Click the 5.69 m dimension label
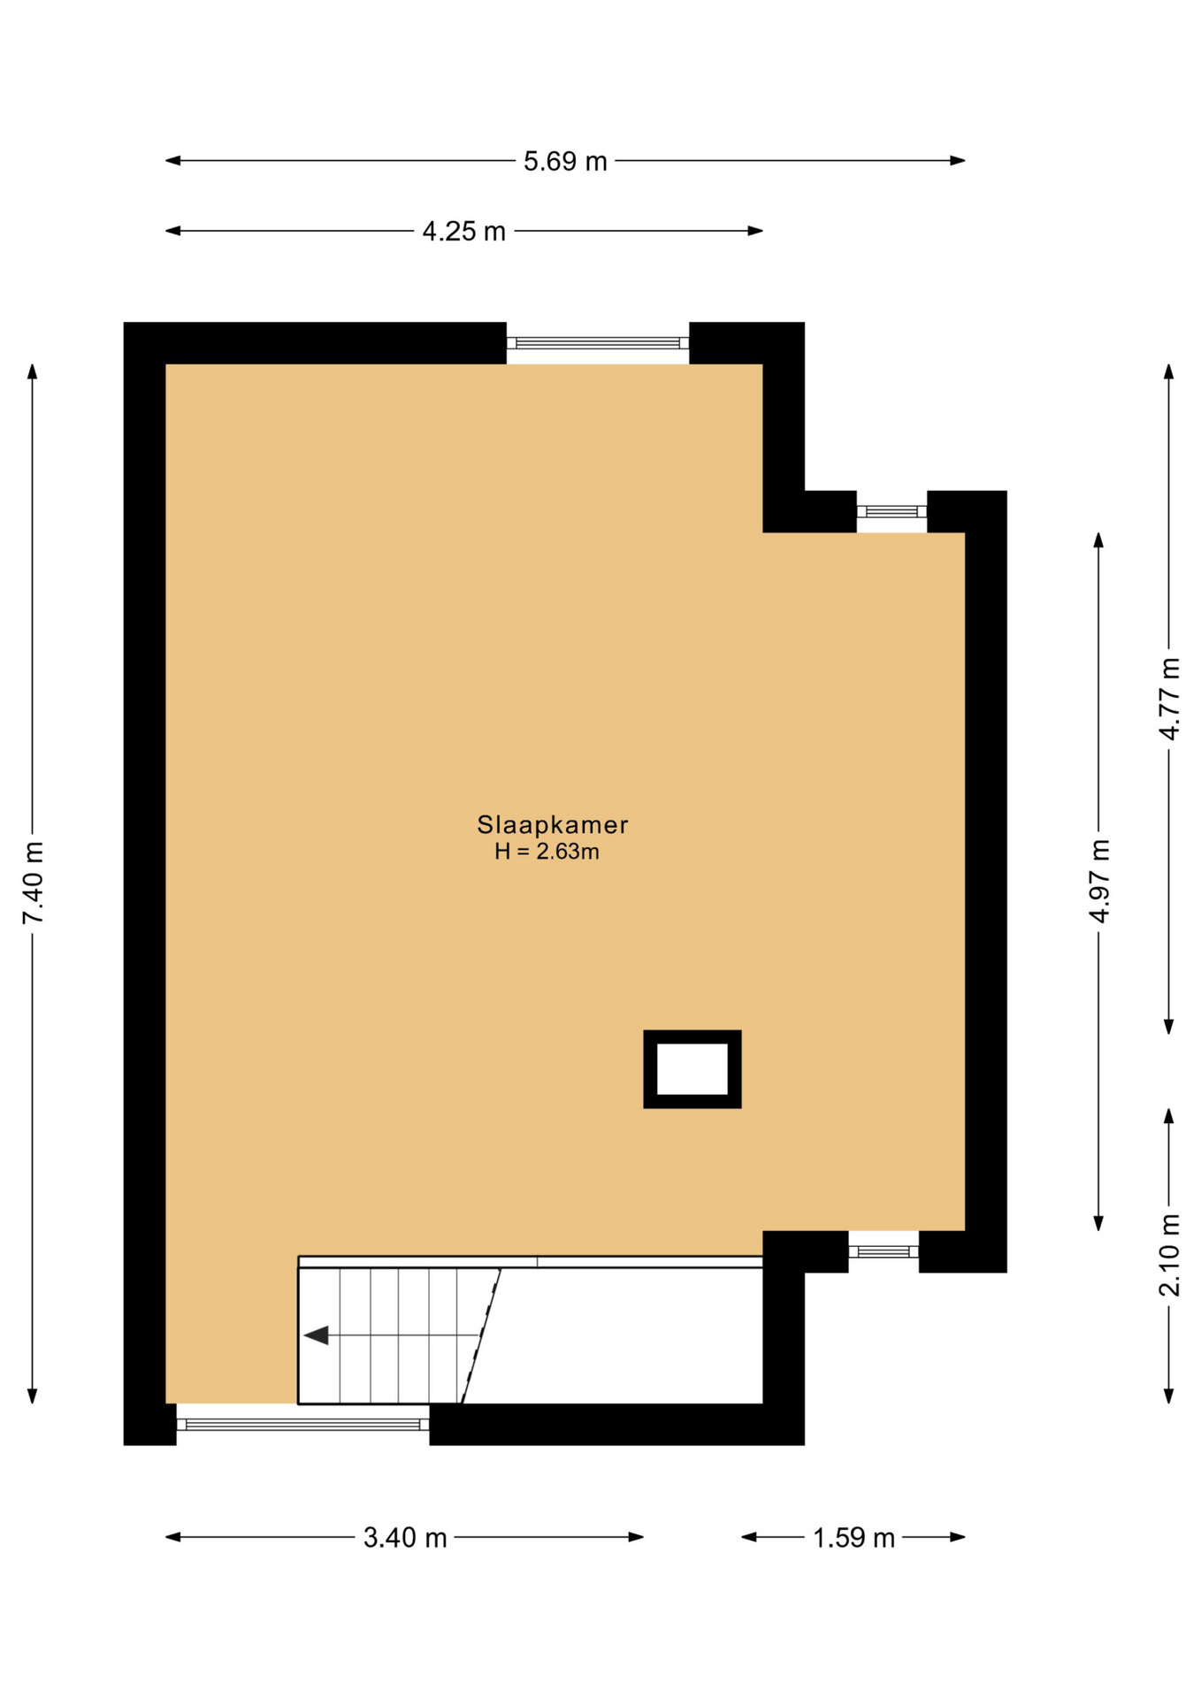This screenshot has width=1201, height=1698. coord(565,161)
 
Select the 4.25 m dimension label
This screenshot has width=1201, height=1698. coord(463,231)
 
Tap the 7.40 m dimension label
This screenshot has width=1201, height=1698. coord(33,883)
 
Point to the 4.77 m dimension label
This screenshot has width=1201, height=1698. coord(1169,699)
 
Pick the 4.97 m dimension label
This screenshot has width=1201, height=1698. coord(1098,881)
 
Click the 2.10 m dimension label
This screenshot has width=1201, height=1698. coord(1169,1256)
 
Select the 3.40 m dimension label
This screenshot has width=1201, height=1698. coord(405,1537)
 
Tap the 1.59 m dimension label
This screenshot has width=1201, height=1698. coord(853,1537)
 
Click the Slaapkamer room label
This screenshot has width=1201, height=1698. coord(553,824)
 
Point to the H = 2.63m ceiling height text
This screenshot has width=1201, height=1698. coord(547,852)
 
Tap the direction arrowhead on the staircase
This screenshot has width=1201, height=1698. coord(316,1335)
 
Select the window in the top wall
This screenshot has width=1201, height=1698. coord(598,343)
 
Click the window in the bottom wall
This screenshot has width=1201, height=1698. coord(302,1424)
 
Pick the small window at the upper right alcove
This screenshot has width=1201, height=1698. coord(891,511)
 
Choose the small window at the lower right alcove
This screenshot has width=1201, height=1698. coord(884,1251)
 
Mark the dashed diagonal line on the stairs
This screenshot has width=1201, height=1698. coord(481,1335)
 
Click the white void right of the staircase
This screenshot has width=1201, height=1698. coord(619,1335)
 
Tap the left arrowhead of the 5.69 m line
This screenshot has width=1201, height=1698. coord(173,161)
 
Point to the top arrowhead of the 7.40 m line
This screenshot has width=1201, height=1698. coord(33,371)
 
